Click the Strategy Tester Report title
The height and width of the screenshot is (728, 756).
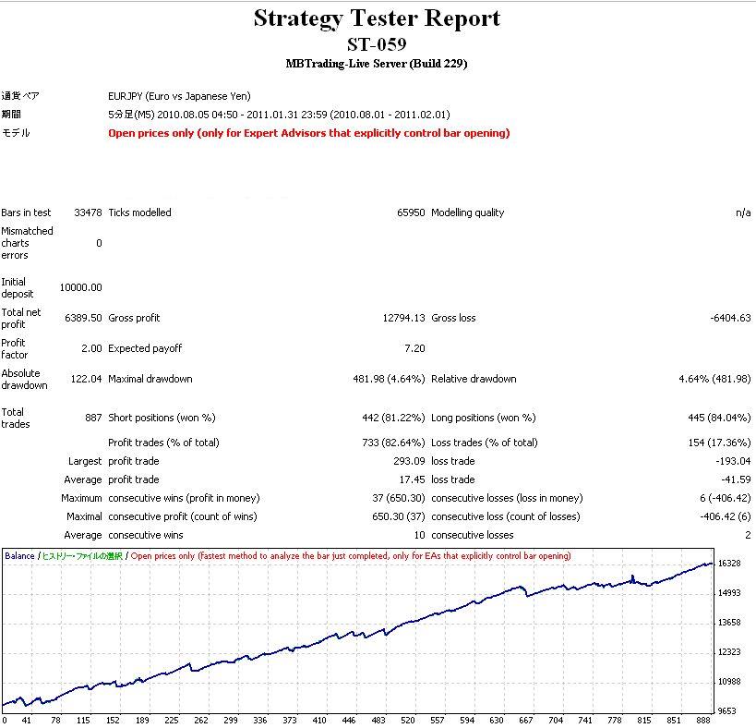click(377, 18)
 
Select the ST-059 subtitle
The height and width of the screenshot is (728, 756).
click(377, 44)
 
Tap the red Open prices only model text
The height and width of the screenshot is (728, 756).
click(308, 133)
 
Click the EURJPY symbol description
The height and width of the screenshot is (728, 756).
click(179, 96)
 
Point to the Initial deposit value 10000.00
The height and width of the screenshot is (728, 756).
click(81, 287)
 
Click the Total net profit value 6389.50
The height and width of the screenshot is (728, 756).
click(84, 318)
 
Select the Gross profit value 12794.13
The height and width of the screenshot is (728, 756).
click(404, 318)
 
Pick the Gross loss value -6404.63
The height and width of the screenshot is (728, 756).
click(731, 318)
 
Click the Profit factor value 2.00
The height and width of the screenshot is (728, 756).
click(91, 348)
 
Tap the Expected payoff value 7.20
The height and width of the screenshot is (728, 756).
click(415, 348)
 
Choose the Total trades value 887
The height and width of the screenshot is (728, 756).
click(93, 418)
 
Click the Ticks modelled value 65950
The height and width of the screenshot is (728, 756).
click(411, 212)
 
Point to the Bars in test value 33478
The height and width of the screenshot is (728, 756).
click(89, 212)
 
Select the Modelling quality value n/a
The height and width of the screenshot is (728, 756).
click(743, 212)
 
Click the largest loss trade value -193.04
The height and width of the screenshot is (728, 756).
click(736, 461)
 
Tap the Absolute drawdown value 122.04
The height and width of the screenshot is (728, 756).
click(87, 379)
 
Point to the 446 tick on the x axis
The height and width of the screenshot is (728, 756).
click(348, 720)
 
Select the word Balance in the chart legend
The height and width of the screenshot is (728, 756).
click(19, 556)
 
